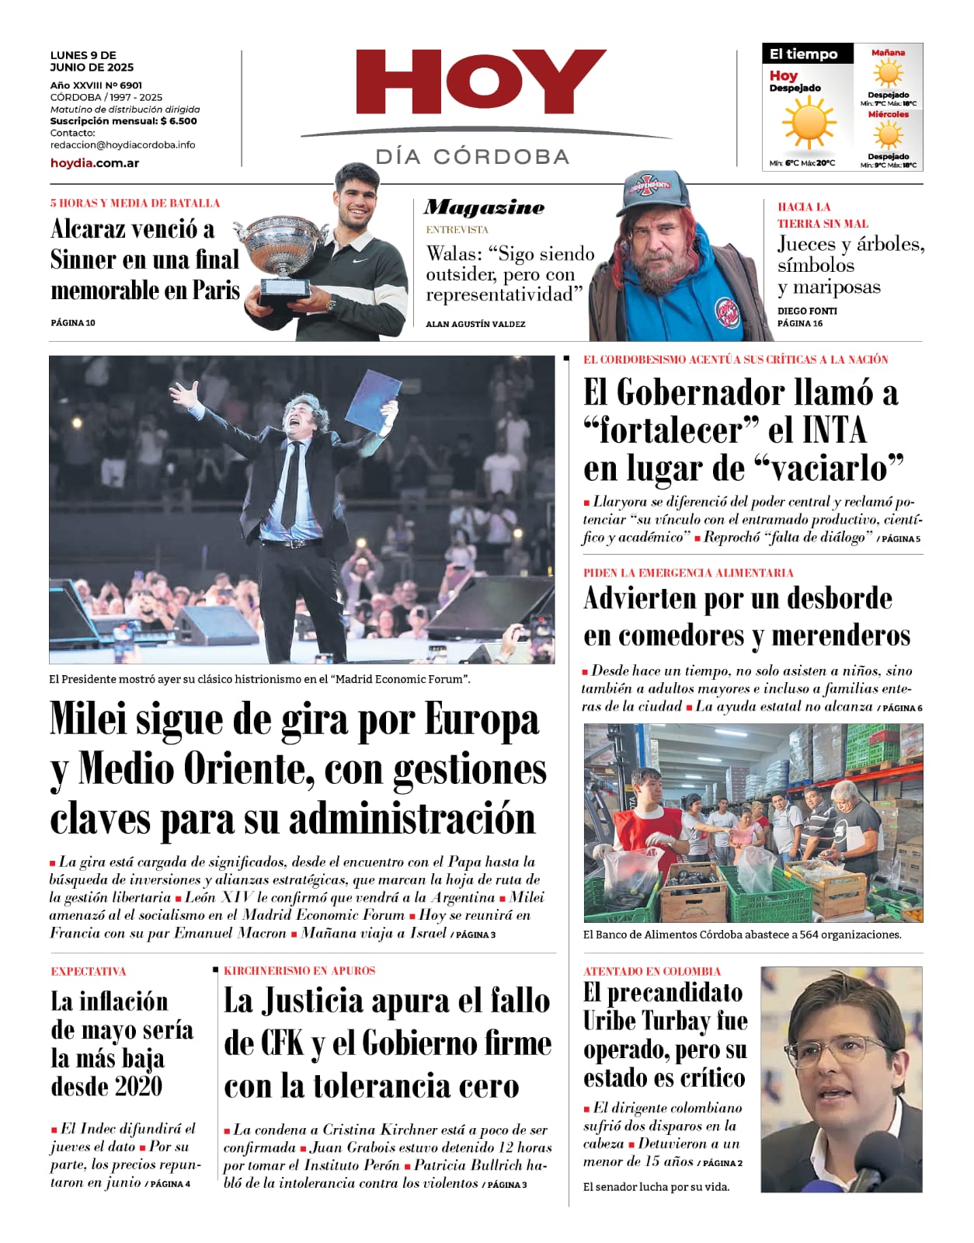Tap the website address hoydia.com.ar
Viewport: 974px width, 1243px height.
click(x=95, y=163)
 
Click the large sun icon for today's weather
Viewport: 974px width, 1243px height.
click(x=808, y=124)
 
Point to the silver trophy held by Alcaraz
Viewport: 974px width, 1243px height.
click(x=283, y=249)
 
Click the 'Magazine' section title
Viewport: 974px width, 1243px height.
click(x=485, y=207)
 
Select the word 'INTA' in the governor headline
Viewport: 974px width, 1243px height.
click(x=833, y=430)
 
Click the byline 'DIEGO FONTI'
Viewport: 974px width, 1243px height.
click(x=807, y=311)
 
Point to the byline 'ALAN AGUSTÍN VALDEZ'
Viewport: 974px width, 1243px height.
click(x=475, y=324)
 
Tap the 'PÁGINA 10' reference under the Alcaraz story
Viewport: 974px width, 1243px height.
click(x=73, y=322)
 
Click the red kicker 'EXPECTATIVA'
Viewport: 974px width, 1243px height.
click(x=89, y=971)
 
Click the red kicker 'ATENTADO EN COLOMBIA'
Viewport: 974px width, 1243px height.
click(x=652, y=971)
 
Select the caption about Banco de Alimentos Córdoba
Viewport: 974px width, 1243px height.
click(x=742, y=935)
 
